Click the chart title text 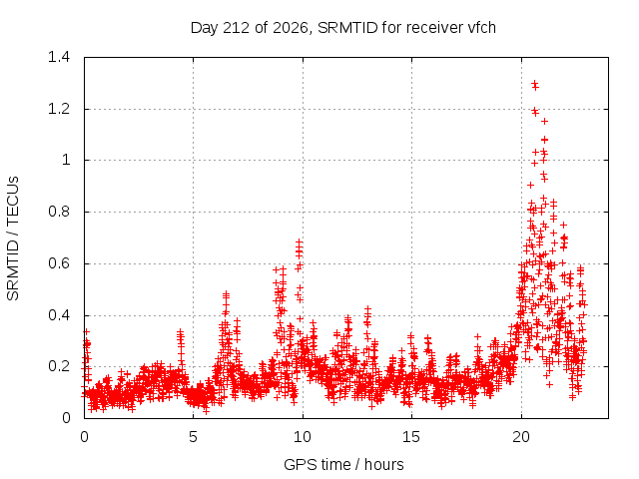pos(343,28)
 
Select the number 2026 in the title pos(291,28)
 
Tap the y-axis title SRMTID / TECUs pos(13,239)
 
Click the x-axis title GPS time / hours pos(343,464)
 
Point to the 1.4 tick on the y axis pos(59,57)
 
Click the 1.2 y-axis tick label pos(59,109)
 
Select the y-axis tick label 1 pos(66,160)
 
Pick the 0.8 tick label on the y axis pos(59,212)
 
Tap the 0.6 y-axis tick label pos(59,263)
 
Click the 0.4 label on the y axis pos(59,315)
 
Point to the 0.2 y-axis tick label pos(59,366)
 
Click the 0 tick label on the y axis pos(66,418)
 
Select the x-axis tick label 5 pos(193,437)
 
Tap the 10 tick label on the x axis pos(303,437)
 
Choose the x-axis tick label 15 pos(411,437)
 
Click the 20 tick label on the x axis pos(521,437)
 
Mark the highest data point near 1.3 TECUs pos(535,83)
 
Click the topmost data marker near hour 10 pos(300,241)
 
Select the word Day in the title pos(205,28)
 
